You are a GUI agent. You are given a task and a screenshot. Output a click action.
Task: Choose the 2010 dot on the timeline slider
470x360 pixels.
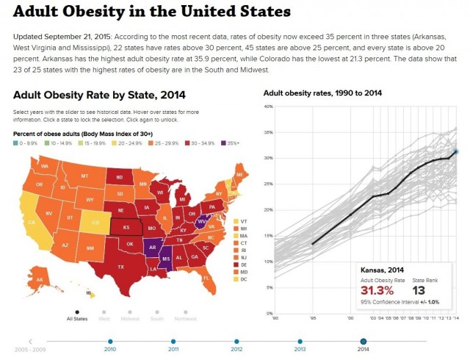point(110,342)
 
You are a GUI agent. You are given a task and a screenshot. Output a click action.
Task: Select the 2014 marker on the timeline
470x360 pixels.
point(363,342)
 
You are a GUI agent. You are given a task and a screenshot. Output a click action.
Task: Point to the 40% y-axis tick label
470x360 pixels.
point(268,107)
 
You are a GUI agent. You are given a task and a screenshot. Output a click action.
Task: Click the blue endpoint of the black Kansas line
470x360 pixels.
point(456,151)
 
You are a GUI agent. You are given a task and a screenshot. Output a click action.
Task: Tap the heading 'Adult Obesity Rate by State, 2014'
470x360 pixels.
point(99,94)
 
